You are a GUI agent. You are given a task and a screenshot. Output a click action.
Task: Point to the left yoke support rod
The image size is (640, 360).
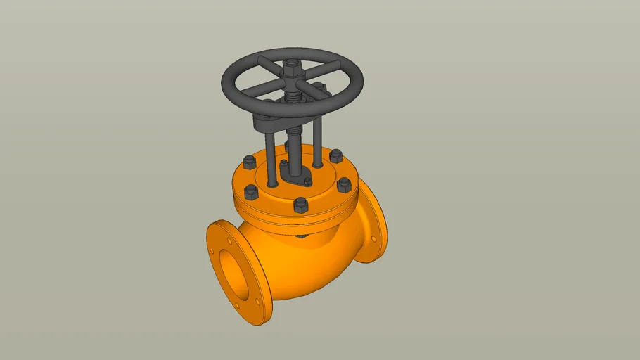pyautogui.click(x=271, y=158)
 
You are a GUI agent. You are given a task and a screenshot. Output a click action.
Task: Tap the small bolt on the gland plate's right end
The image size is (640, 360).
pyautogui.click(x=307, y=182)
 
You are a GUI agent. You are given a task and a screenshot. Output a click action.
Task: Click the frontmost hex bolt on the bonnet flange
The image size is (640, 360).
pyautogui.click(x=300, y=205)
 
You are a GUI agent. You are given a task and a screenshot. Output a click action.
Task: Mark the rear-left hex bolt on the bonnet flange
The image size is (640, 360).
pyautogui.click(x=248, y=164)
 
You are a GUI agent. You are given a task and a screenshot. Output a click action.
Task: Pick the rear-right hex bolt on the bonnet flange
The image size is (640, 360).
pyautogui.click(x=335, y=155)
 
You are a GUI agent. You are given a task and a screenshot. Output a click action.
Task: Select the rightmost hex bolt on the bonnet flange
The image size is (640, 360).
pyautogui.click(x=344, y=185)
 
